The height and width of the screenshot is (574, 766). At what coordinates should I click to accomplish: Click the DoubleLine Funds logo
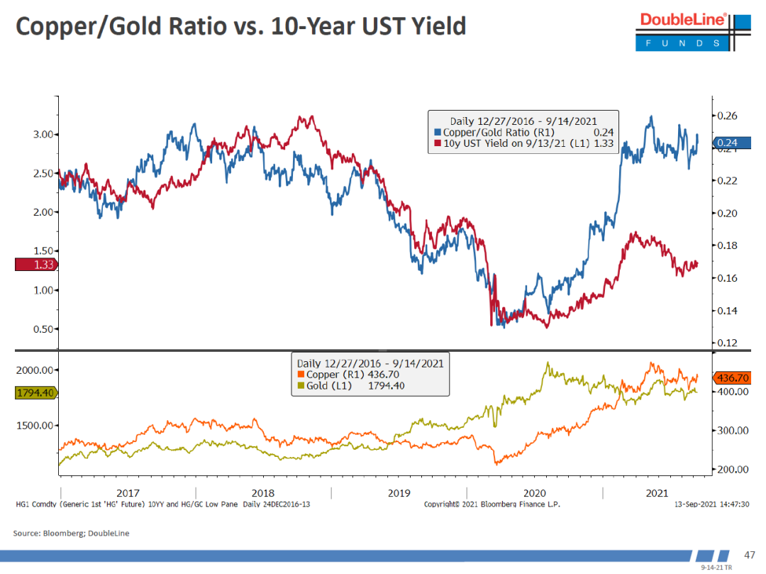(x=684, y=30)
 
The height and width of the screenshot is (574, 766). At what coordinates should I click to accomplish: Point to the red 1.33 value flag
(x=36, y=265)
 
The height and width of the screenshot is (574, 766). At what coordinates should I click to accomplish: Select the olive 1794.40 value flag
(x=35, y=392)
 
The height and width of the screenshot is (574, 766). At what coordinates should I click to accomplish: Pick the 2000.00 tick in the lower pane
(x=35, y=370)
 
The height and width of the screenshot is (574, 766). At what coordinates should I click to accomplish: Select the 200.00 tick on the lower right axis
(x=732, y=470)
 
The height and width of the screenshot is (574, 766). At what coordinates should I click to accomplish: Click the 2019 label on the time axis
(x=399, y=493)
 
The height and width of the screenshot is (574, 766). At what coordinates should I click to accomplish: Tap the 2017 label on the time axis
(x=128, y=493)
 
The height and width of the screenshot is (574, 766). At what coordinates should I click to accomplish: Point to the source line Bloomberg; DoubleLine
(x=72, y=533)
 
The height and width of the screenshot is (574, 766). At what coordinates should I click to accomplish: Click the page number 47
(x=749, y=554)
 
